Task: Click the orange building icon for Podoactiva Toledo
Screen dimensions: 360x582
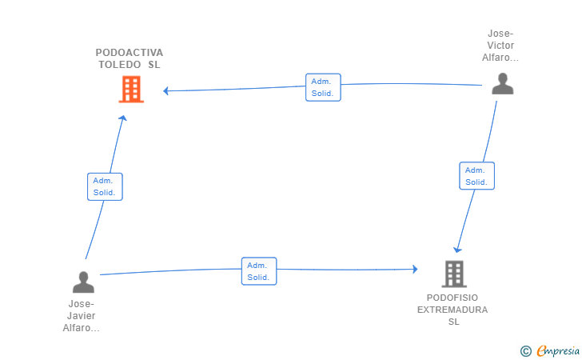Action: click(130, 89)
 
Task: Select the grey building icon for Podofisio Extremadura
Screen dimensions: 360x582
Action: click(454, 274)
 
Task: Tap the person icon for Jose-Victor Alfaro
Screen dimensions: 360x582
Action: click(502, 84)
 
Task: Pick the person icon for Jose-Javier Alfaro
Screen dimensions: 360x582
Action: click(83, 282)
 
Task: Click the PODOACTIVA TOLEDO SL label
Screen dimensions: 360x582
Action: click(129, 58)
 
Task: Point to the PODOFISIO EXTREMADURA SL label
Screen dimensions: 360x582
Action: click(453, 309)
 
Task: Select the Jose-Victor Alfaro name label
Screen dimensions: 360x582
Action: click(500, 46)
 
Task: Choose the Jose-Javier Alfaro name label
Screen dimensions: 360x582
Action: click(82, 316)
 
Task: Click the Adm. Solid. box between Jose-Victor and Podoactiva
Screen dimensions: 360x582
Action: click(323, 87)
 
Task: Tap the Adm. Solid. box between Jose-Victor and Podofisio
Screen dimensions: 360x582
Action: click(476, 176)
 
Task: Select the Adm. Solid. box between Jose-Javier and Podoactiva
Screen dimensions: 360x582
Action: click(105, 186)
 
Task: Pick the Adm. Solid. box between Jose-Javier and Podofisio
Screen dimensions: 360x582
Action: click(258, 271)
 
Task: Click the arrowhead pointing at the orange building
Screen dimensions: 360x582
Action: click(166, 91)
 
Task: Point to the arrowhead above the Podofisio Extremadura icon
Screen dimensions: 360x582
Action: click(457, 249)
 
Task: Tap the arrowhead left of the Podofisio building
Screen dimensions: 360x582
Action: click(414, 270)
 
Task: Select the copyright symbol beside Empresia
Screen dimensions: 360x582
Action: click(525, 350)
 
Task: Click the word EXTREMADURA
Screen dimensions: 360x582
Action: click(453, 310)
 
